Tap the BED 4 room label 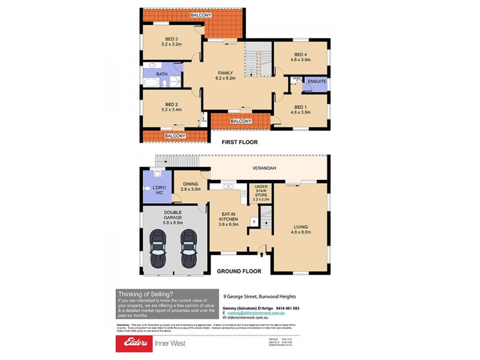(301, 56)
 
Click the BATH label (161, 74)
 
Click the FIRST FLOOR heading (239, 142)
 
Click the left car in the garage (158, 249)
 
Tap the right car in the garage (190, 249)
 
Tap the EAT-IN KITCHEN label (228, 217)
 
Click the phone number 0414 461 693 (287, 308)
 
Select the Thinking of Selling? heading (145, 293)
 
